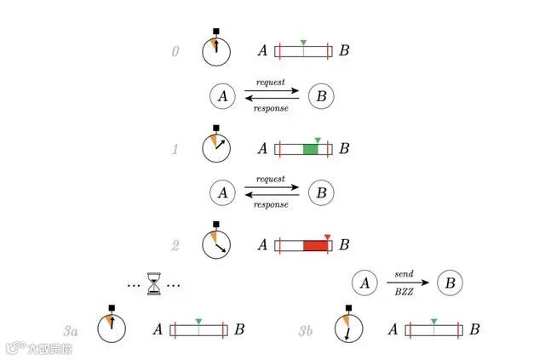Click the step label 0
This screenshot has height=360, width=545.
tap(176, 52)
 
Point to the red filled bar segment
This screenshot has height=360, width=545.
tap(315, 246)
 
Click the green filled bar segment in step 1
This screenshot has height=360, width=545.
tap(310, 149)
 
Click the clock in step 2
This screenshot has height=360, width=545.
tap(215, 243)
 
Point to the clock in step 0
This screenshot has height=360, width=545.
tap(215, 50)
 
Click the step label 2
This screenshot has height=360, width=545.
tap(175, 246)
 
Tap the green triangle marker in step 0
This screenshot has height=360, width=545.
tap(303, 42)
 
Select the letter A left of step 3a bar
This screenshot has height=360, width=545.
tap(158, 329)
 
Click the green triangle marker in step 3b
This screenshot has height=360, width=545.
tap(434, 320)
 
